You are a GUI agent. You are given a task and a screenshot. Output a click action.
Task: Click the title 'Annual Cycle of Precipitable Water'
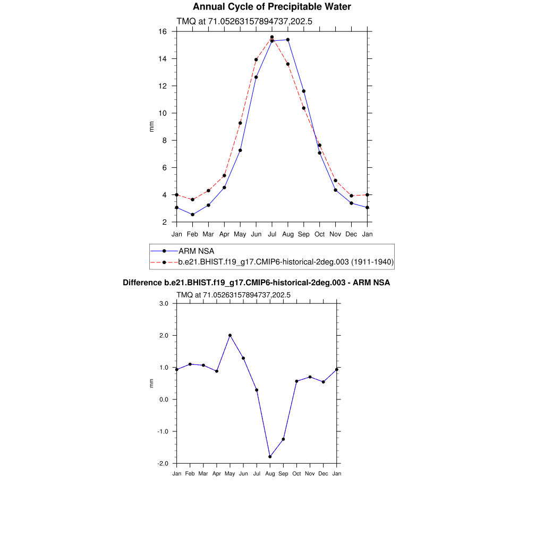(271, 7)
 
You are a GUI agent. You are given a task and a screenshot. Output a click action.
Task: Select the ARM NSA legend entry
(196, 251)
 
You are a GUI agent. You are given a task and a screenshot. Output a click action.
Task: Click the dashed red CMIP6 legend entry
(286, 262)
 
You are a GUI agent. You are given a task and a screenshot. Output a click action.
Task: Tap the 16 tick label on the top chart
(163, 32)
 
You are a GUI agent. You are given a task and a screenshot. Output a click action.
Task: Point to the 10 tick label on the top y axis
(163, 113)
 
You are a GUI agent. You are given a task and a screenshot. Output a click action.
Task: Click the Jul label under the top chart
(272, 234)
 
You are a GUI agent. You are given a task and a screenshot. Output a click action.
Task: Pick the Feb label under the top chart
(192, 234)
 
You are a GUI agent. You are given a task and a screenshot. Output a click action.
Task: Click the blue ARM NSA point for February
(192, 215)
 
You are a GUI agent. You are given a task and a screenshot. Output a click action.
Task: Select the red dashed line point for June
(256, 59)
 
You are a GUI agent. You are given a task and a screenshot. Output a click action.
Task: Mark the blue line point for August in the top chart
(288, 40)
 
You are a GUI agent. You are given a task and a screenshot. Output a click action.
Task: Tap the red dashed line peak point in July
(272, 37)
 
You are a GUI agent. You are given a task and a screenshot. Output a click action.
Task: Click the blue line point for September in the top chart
(304, 91)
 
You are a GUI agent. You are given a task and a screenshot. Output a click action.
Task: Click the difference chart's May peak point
(230, 335)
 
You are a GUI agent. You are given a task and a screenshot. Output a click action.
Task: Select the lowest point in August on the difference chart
(270, 457)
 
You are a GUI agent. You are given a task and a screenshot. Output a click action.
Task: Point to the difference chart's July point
(257, 390)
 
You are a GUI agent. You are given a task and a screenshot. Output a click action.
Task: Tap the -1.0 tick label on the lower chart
(162, 431)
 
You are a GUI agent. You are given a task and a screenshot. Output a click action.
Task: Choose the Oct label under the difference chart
(296, 473)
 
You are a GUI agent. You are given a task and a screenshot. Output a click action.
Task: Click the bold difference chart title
(257, 283)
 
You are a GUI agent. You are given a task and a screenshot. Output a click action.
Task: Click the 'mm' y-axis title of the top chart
(151, 127)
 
